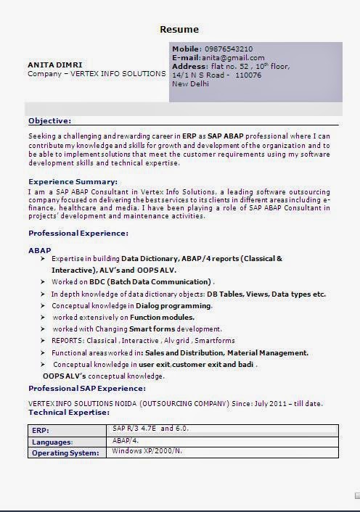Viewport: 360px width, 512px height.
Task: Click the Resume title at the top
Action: [x=179, y=29]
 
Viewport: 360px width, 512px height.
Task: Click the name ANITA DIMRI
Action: [x=55, y=65]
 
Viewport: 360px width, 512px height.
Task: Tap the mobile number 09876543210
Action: [x=229, y=49]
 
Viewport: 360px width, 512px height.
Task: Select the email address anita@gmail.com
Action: [x=233, y=57]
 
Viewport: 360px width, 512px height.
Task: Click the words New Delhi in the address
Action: [x=190, y=83]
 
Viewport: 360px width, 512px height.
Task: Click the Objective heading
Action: [x=49, y=121]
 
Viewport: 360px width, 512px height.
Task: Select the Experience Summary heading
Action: [x=73, y=181]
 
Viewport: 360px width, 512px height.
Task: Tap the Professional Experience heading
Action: [x=78, y=233]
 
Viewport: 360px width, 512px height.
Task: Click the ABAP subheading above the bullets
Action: [x=39, y=250]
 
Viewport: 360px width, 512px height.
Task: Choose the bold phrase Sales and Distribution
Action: [x=183, y=352]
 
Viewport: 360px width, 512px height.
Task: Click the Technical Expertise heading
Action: [x=69, y=412]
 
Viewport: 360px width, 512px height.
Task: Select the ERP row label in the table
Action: [x=40, y=430]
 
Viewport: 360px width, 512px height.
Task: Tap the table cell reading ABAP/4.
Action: [x=126, y=440]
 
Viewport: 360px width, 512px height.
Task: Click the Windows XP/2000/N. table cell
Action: [x=147, y=451]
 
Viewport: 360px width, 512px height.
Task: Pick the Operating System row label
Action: [x=65, y=453]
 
